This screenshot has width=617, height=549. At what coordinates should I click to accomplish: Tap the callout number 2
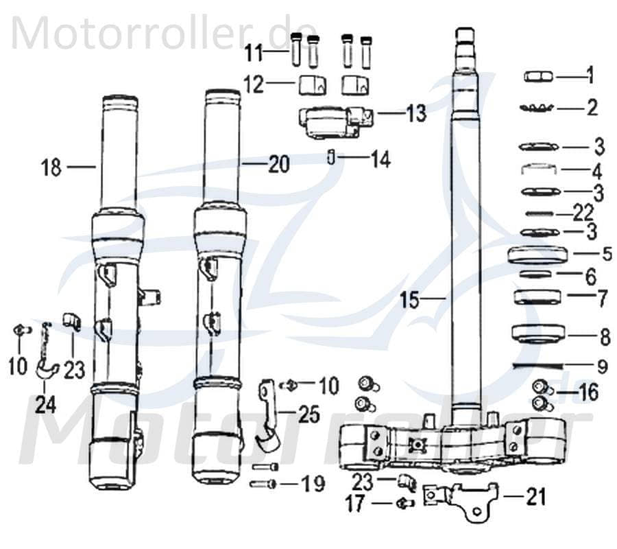point(592,107)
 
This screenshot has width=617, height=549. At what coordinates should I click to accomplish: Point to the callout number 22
point(583,214)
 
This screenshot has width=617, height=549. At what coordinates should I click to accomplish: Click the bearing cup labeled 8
point(537,334)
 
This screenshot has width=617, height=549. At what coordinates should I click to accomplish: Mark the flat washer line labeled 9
point(537,364)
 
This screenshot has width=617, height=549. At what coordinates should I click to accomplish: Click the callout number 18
point(51,167)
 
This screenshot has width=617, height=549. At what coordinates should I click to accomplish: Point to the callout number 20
point(278,164)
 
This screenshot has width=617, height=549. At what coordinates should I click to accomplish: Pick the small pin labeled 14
point(331,159)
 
